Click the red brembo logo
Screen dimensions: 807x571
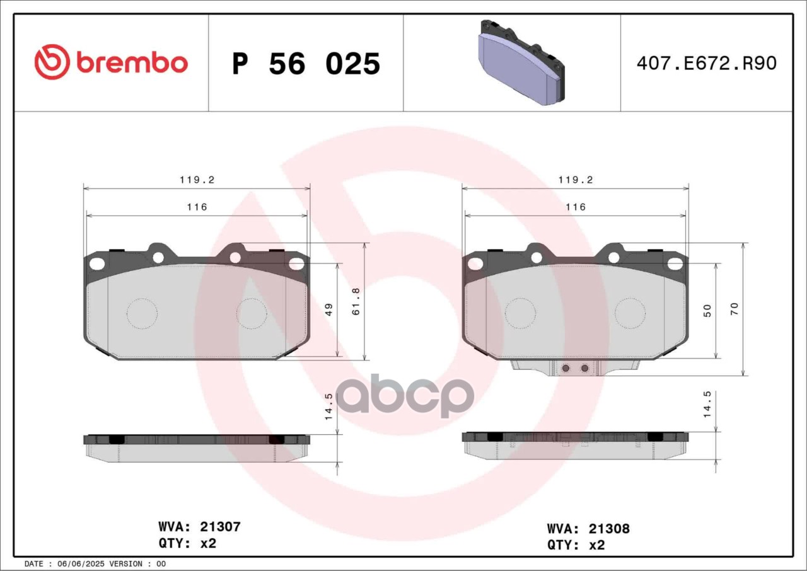111,62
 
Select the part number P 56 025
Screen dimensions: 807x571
306,64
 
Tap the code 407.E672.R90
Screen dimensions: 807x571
707,64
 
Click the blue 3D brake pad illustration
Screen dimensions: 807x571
521,62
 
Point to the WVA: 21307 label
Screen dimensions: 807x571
199,527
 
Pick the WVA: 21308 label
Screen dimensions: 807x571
588,529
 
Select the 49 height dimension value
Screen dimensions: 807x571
329,310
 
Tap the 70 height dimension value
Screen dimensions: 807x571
734,309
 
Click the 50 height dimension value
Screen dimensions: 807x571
707,311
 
